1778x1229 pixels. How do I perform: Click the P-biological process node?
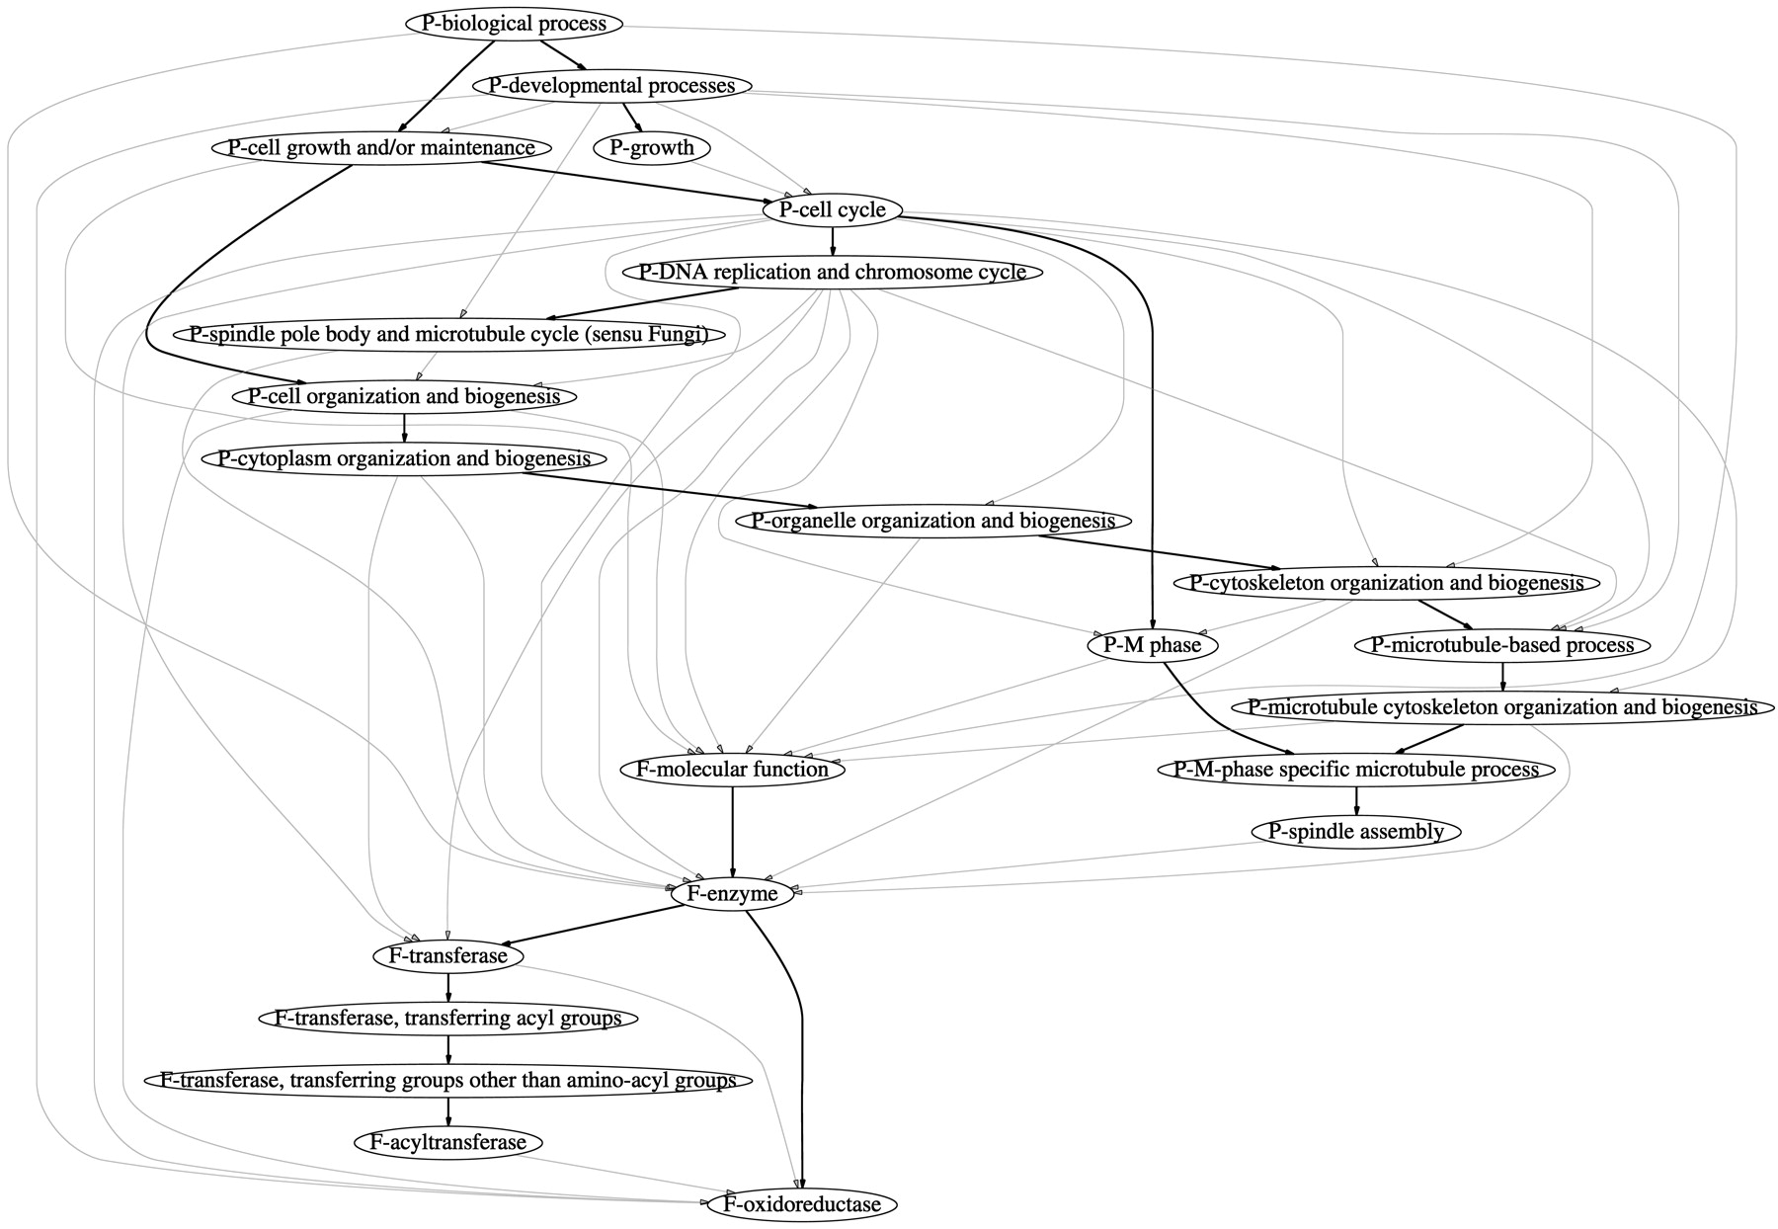(513, 24)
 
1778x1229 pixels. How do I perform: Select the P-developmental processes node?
(612, 86)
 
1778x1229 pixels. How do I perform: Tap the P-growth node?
(652, 148)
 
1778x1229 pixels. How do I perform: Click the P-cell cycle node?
(832, 210)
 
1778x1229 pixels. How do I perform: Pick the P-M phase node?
(1152, 646)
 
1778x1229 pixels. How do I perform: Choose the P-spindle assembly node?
(1357, 832)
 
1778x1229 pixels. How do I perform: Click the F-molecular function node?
(732, 770)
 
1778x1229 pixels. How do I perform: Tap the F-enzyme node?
(733, 894)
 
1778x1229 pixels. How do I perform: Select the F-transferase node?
(448, 956)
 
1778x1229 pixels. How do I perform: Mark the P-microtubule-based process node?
(1501, 646)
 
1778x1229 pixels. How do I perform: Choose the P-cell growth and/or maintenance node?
(380, 148)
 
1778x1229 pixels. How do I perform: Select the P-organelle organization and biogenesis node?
(932, 521)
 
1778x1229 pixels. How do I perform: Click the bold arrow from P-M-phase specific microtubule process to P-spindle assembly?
(1356, 800)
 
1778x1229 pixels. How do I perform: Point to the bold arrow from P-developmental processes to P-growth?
(632, 117)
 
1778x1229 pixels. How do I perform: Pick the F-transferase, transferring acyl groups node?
(448, 1019)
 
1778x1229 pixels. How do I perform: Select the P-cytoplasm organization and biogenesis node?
(404, 459)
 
